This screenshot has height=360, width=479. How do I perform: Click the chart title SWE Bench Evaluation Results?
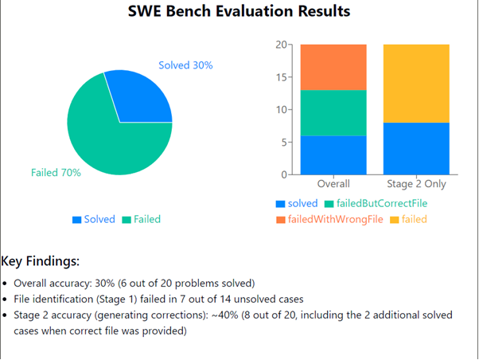[x=239, y=13]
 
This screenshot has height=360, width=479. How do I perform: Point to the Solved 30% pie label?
[x=185, y=65]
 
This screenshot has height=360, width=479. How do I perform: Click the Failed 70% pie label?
[x=56, y=173]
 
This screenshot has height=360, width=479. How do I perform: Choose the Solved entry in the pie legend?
[x=94, y=219]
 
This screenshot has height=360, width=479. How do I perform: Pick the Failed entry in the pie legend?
[x=142, y=219]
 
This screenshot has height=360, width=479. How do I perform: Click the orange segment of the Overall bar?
[x=333, y=67]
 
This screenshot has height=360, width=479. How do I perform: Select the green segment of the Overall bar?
[x=333, y=112]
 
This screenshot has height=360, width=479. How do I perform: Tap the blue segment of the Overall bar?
[x=333, y=155]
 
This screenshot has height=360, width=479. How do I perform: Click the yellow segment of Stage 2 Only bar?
[x=415, y=83]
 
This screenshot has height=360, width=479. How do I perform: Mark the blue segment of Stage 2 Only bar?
[x=415, y=148]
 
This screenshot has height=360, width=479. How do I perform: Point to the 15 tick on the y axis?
[x=281, y=77]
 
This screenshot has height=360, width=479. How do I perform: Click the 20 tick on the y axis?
[x=281, y=45]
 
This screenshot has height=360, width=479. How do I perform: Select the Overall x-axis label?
[x=333, y=184]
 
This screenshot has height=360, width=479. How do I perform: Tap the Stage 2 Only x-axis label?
[x=415, y=184]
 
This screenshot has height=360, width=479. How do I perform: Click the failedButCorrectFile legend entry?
[x=376, y=203]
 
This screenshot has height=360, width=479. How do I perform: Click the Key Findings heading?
[x=41, y=261]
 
